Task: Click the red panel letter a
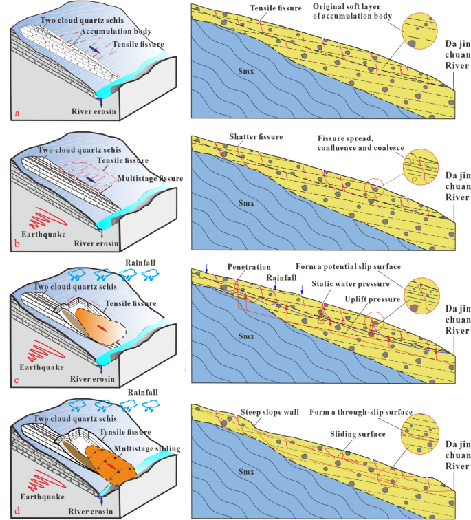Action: pyautogui.click(x=17, y=113)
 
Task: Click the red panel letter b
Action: pyautogui.click(x=17, y=243)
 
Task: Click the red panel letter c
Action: pyautogui.click(x=17, y=380)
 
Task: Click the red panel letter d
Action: pyautogui.click(x=17, y=510)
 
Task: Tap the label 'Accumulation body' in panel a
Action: pyautogui.click(x=116, y=32)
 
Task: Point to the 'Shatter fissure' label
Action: pyautogui.click(x=256, y=137)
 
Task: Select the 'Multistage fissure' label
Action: pyautogui.click(x=150, y=178)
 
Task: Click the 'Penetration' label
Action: pyautogui.click(x=249, y=267)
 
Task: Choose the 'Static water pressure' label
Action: pyautogui.click(x=351, y=284)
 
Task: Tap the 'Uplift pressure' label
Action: pyautogui.click(x=373, y=299)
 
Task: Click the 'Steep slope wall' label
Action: pyautogui.click(x=270, y=412)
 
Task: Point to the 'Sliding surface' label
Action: pyautogui.click(x=358, y=434)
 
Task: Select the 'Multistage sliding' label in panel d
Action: pyautogui.click(x=147, y=448)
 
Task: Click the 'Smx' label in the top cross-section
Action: pyautogui.click(x=246, y=71)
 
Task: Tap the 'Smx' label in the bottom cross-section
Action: pyautogui.click(x=246, y=472)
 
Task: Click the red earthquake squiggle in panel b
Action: pyautogui.click(x=48, y=218)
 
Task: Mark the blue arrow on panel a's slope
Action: pyautogui.click(x=94, y=50)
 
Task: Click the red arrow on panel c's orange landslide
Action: pyautogui.click(x=102, y=328)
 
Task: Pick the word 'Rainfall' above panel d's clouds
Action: pyautogui.click(x=143, y=392)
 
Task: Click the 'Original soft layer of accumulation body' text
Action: pyautogui.click(x=352, y=11)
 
